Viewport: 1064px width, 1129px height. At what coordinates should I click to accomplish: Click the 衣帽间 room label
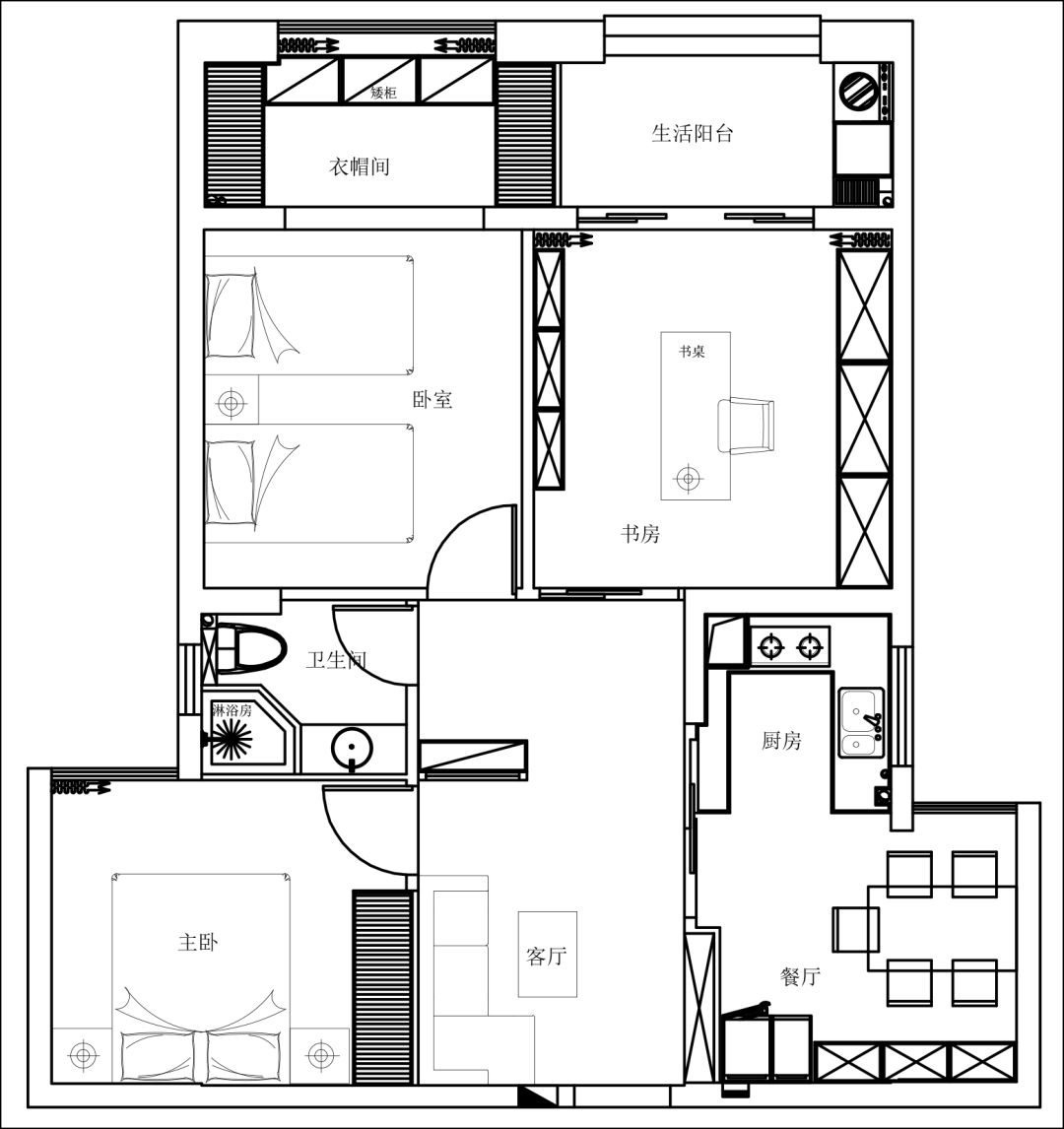click(360, 167)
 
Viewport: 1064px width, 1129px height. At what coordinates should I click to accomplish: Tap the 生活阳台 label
click(692, 133)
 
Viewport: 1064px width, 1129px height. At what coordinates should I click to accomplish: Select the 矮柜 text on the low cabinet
click(383, 93)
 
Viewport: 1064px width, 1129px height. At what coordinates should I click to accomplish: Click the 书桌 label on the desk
click(692, 352)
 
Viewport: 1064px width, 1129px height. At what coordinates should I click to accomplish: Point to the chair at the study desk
click(746, 426)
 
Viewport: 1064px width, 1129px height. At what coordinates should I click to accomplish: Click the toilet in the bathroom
click(249, 648)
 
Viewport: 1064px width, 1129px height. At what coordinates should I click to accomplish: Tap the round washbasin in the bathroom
click(352, 749)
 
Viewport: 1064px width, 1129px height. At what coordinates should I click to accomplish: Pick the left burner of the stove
click(771, 647)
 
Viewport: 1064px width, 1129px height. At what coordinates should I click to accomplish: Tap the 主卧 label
click(198, 943)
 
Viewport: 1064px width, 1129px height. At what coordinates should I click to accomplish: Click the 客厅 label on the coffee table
click(547, 957)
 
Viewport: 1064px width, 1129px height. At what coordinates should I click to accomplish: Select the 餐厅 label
click(800, 977)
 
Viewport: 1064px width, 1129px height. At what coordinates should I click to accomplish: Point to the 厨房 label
click(781, 741)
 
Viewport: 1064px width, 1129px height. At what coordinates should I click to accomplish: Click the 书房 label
click(640, 534)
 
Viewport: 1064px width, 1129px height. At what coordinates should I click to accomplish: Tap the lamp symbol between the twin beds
click(231, 403)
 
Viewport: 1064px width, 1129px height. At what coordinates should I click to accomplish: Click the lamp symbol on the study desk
click(689, 478)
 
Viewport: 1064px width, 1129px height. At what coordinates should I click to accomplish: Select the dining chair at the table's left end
click(856, 930)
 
